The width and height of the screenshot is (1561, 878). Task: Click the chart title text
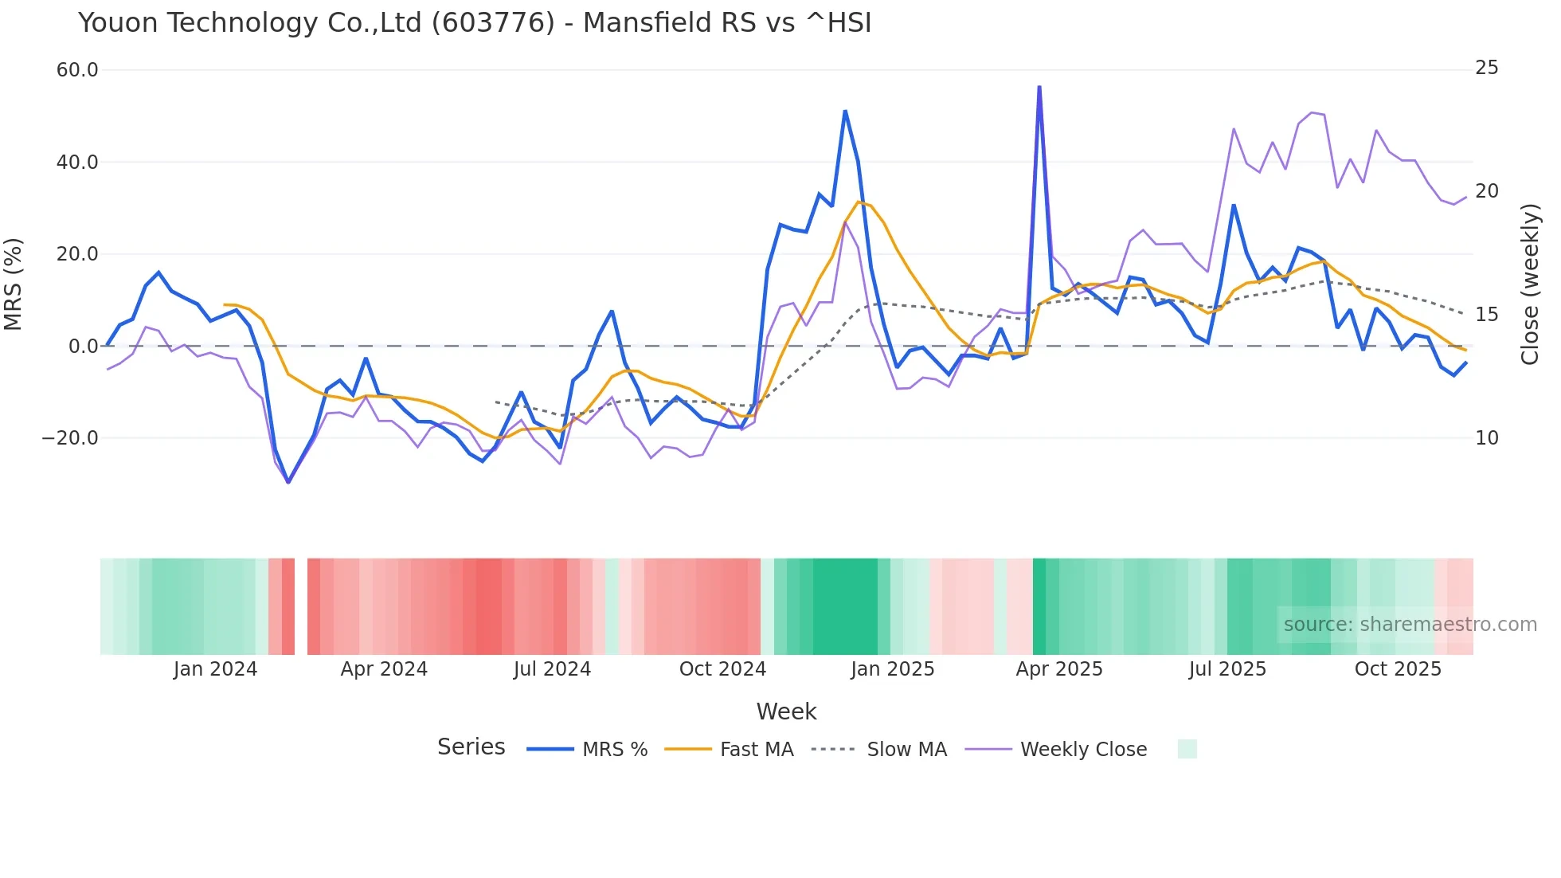point(475,23)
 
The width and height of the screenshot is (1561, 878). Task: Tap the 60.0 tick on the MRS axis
point(77,70)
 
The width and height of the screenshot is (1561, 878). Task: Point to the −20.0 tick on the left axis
point(70,438)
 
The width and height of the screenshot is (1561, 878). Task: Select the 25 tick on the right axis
point(1486,68)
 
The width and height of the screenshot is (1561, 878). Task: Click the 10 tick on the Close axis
point(1486,438)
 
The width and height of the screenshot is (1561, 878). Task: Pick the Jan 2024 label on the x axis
point(215,669)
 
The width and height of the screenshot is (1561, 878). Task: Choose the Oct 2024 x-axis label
point(722,669)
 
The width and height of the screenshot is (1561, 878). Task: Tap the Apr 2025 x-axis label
point(1059,669)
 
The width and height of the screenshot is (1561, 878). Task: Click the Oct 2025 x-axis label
point(1398,669)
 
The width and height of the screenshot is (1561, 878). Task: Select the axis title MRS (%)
point(14,284)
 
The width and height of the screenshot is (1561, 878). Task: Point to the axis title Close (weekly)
point(1529,284)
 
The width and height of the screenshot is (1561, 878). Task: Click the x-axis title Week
point(786,711)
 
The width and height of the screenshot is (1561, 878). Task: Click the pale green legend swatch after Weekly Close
point(1187,749)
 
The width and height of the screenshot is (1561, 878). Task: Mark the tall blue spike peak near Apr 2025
point(1039,87)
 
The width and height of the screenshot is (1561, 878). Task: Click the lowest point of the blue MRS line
point(288,481)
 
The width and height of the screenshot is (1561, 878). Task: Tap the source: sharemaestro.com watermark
point(1410,625)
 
